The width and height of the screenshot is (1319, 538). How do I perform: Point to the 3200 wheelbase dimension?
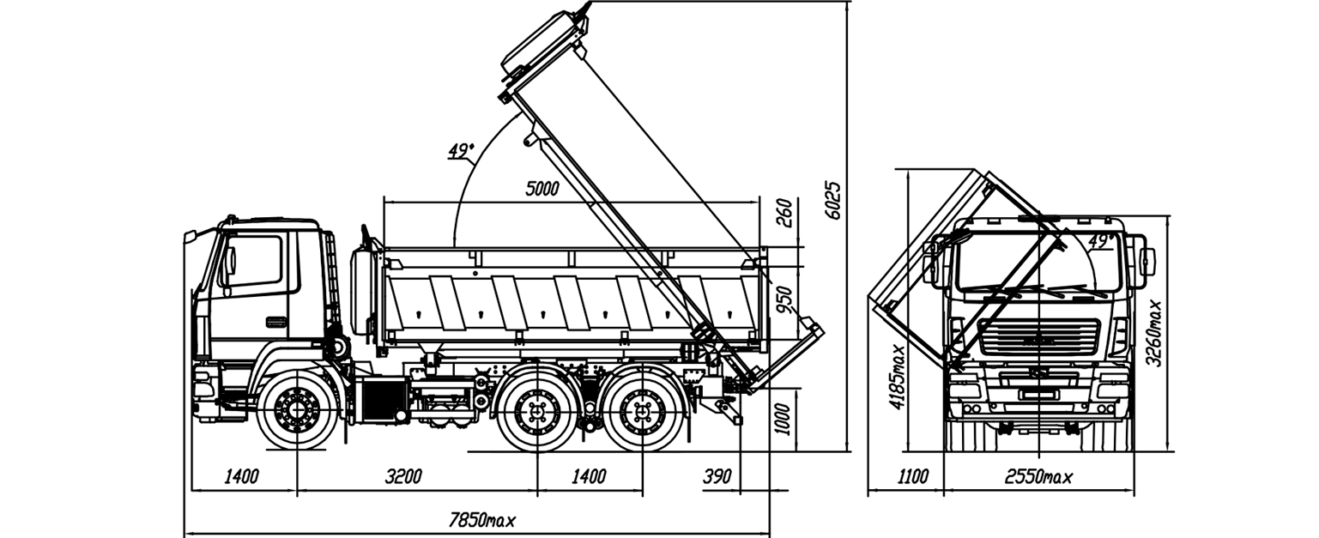coord(402,477)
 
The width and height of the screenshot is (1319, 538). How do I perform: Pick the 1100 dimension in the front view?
coord(911,477)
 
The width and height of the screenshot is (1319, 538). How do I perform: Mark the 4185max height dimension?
coord(898,378)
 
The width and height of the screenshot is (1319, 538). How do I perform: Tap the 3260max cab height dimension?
coord(1156,333)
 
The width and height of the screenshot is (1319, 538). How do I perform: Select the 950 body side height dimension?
coord(783,299)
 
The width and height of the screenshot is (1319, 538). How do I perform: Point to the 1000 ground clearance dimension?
coord(782,420)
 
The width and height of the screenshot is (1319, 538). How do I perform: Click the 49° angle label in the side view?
coord(461,151)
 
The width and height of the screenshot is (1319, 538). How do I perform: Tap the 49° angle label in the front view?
coord(1101,241)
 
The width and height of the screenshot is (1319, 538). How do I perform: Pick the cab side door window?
coord(253,261)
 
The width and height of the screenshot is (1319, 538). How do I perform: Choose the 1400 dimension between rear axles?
coord(589,477)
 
